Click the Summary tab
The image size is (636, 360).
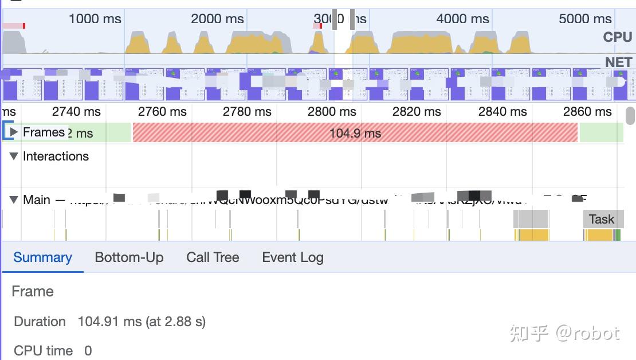point(42,258)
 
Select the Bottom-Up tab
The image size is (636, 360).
point(129,258)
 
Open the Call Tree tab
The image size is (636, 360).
point(213,258)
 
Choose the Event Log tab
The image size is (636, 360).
point(292,258)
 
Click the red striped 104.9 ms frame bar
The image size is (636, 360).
point(355,133)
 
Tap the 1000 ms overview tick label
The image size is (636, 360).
point(95,19)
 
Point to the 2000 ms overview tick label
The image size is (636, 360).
point(217,19)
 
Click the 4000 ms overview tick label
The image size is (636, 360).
point(462,19)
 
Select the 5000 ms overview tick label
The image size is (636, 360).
point(585,19)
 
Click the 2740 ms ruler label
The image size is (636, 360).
point(76,112)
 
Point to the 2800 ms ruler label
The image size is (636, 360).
point(332,112)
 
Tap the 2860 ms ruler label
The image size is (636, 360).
point(587,112)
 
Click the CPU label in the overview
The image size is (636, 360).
point(617,37)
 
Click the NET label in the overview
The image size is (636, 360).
point(618,62)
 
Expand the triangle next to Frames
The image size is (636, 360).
point(14,132)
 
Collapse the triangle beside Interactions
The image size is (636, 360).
point(14,156)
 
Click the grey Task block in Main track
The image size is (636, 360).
point(602,219)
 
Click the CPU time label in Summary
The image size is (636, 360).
point(43,351)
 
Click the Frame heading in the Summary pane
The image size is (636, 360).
point(33,291)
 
